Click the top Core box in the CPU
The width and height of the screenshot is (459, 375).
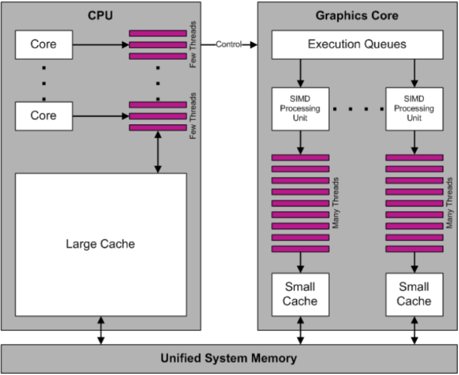click(x=43, y=44)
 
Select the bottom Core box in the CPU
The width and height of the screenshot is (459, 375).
click(x=43, y=115)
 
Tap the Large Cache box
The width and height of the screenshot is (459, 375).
click(x=101, y=244)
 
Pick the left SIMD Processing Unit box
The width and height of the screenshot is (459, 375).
click(x=300, y=108)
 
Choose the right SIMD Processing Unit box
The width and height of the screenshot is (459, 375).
click(x=414, y=108)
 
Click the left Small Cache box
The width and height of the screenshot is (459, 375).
click(x=300, y=293)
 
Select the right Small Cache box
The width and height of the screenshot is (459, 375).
click(x=414, y=293)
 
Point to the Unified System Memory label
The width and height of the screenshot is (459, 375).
click(x=228, y=358)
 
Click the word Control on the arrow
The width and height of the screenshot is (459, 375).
click(x=228, y=44)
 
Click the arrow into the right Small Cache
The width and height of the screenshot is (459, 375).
click(x=414, y=261)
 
